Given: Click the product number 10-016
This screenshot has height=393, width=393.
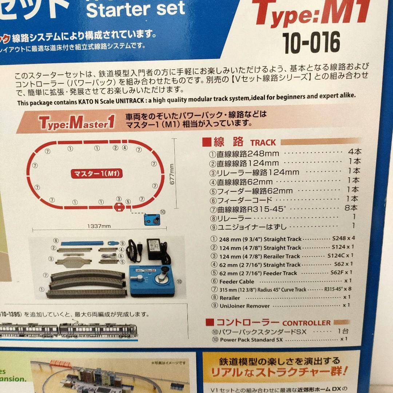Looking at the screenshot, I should tap(311, 43).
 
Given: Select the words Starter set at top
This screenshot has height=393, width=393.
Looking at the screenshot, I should tap(136, 9).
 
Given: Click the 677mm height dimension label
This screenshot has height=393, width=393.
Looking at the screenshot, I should tap(172, 174).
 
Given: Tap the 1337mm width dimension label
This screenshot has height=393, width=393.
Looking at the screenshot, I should tap(99, 226).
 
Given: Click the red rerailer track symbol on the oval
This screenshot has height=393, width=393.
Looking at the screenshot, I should tap(119, 207).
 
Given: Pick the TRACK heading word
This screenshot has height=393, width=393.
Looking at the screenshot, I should tap(263, 143).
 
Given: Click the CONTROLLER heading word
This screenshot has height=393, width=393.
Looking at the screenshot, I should tap(306, 323).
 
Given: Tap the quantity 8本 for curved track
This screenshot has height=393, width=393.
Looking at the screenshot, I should tap(351, 208).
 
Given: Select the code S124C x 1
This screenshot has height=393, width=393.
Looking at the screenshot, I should tap(340, 256).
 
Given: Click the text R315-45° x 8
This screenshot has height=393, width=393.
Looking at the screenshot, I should tap(338, 289).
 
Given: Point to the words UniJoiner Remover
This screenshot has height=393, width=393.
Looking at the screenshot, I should tap(245, 306).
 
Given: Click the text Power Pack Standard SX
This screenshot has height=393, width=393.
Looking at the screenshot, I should tap(247, 340).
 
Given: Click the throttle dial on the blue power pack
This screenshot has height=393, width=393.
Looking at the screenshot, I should tap(161, 280).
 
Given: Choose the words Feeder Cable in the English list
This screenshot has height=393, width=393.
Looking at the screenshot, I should tap(237, 282).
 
